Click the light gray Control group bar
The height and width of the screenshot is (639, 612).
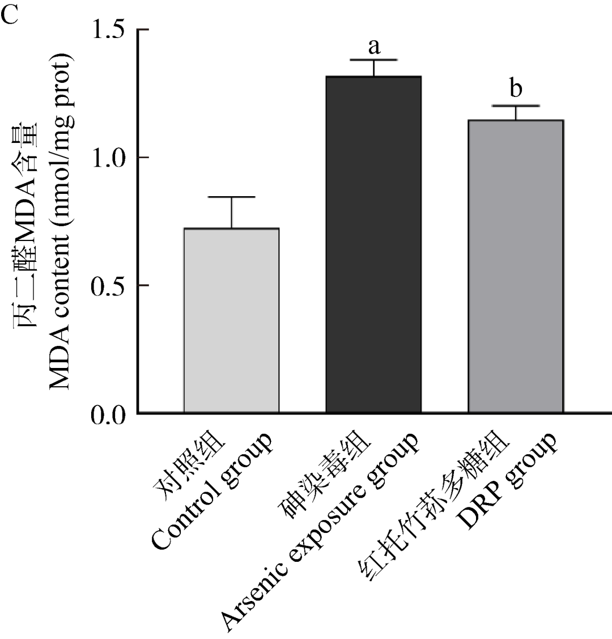pos(231,320)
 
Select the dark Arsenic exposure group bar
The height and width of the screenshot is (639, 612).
pos(373,244)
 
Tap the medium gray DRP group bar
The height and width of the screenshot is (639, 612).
pos(515,266)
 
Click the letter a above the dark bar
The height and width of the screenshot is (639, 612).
pos(373,46)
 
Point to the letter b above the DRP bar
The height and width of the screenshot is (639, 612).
pos(516,90)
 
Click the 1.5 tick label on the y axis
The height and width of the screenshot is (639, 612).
pos(110,29)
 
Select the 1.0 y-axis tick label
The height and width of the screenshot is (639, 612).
pos(110,157)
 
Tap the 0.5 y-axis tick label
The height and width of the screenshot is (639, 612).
pos(110,285)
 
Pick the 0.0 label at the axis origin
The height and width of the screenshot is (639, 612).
pos(110,413)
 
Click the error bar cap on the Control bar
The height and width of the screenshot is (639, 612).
pos(231,197)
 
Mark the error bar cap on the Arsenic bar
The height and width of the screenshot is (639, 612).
pos(373,60)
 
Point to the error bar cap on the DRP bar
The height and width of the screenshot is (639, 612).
pos(516,105)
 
